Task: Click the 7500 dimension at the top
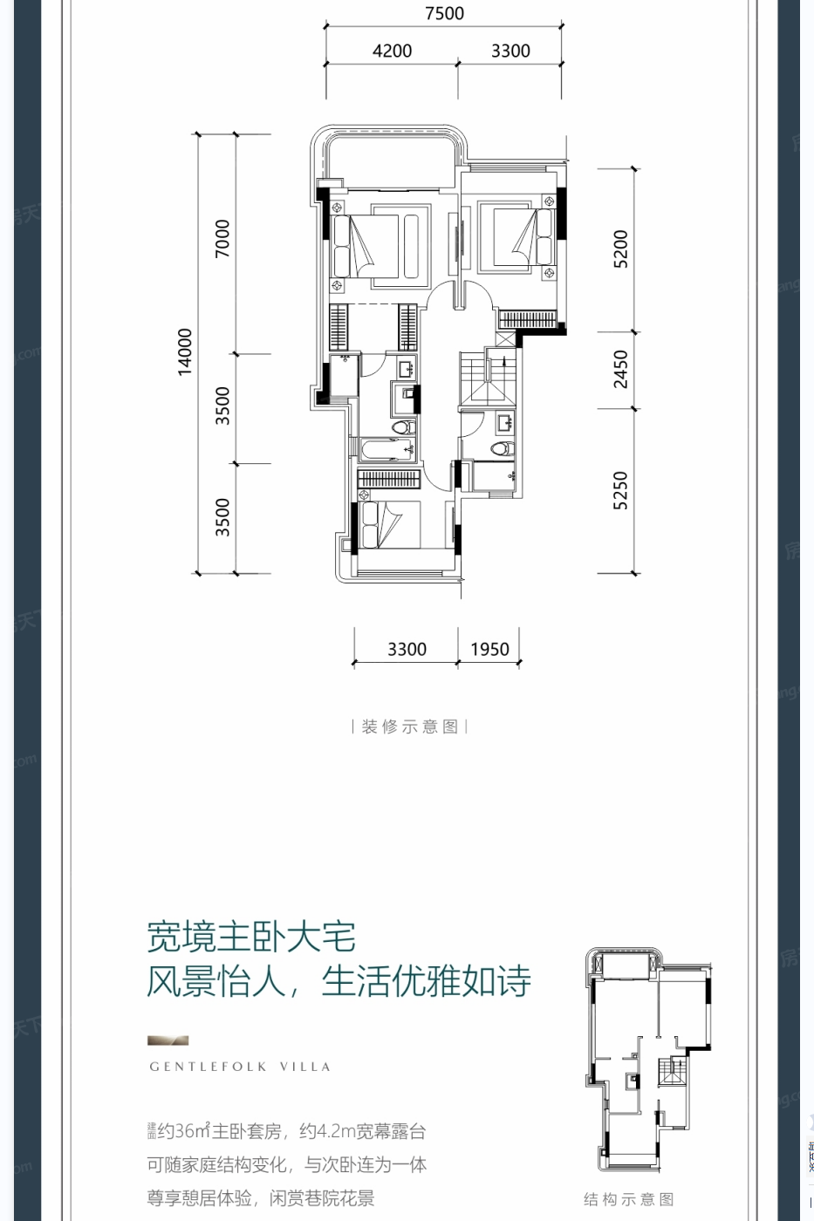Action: [x=444, y=14]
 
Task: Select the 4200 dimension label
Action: [x=392, y=51]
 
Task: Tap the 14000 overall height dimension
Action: [x=185, y=351]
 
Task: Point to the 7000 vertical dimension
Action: [x=223, y=238]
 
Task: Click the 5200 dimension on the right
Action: [x=620, y=249]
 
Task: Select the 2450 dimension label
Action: [x=620, y=369]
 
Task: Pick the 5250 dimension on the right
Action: [x=620, y=490]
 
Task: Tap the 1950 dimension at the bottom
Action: [x=489, y=650]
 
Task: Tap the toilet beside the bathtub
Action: [x=401, y=427]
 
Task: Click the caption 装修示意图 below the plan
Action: [x=409, y=726]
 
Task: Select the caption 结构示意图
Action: [x=628, y=1199]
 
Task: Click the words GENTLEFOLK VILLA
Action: [x=240, y=1067]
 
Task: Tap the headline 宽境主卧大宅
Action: [x=251, y=938]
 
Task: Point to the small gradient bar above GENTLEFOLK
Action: [x=168, y=1040]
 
